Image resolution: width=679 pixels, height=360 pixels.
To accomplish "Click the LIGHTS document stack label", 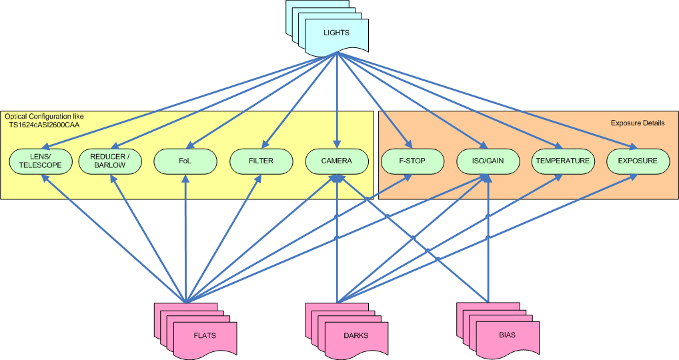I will coord(336,33).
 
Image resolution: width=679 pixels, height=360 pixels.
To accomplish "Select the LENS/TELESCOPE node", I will coord(40,161).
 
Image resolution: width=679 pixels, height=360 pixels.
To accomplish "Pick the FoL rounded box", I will coord(185,161).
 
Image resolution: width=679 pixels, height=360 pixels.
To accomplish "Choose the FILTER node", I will coord(261,161).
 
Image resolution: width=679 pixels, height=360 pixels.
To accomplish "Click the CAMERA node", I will coord(336,161).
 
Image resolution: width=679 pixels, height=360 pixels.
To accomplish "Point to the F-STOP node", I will coord(412,161).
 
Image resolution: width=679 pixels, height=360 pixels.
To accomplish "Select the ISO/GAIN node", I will coord(488,161).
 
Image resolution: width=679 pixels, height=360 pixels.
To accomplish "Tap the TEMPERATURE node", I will coord(563,161).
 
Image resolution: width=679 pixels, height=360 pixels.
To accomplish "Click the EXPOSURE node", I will coord(638,161).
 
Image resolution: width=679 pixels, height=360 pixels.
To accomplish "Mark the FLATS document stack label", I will coord(205,335).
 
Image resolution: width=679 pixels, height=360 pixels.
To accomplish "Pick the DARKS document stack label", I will coord(355,335).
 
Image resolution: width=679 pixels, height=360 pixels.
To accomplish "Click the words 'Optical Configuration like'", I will coord(44,116).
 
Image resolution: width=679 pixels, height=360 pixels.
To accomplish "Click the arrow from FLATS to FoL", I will coord(185,240).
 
